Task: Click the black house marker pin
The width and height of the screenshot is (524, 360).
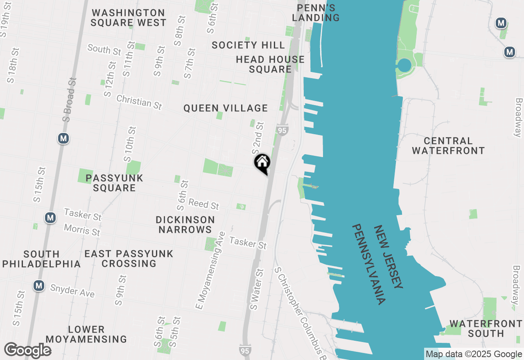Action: coord(262,163)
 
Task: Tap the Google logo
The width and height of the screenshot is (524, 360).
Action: coord(27,351)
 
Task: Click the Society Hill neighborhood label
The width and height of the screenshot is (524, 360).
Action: coord(248,45)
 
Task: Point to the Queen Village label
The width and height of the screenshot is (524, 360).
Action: coord(226,108)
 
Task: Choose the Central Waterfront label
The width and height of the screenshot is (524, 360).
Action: coord(448,146)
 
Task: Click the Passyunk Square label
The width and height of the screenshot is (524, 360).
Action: coord(115,183)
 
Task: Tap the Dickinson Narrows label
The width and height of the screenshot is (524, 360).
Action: coord(185,225)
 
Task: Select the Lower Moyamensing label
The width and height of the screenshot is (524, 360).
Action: coord(86,334)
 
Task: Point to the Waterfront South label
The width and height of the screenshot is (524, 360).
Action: coord(486,328)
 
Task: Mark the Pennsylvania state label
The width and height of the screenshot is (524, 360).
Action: coord(369,264)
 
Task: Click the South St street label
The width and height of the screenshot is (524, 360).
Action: coord(104,49)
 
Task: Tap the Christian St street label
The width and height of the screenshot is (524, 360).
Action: coord(139,102)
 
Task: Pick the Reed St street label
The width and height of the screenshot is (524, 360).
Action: coord(203,204)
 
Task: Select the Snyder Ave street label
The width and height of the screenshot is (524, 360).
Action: coord(72,291)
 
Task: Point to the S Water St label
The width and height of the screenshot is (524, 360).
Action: coord(256,289)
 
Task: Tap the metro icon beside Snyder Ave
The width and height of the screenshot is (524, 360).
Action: coord(39,286)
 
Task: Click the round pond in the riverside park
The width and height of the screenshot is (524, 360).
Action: coord(404,65)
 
